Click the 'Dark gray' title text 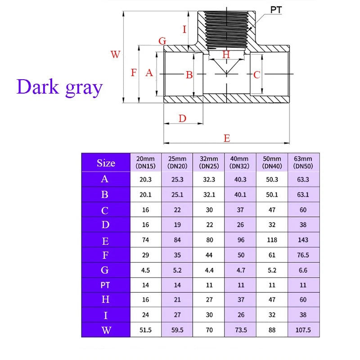60,87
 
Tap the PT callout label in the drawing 276,10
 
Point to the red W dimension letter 115,54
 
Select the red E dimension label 227,138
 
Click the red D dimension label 182,118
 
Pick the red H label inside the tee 226,54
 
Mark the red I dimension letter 184,29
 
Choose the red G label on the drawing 162,41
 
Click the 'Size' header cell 106,163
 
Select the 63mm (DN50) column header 303,162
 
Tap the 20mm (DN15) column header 145,162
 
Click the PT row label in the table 105,285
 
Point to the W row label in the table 106,330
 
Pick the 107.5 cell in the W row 303,330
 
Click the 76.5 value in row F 303,255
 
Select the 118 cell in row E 272,240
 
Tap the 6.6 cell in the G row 303,270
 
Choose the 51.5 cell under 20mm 145,330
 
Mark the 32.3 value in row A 209,179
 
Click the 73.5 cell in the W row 241,330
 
